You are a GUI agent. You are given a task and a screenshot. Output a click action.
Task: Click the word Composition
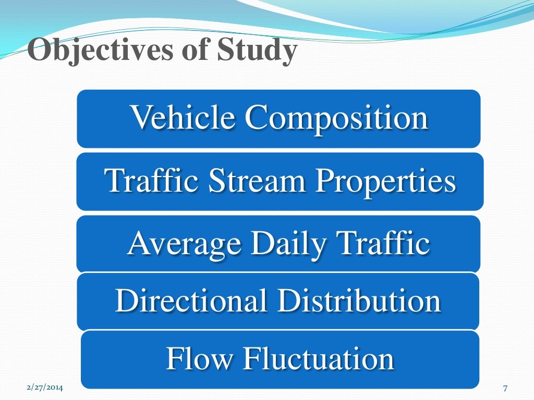pos(336,118)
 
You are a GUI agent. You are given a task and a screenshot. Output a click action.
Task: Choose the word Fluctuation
pos(318,358)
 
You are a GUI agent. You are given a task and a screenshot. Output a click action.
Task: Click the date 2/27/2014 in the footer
pos(44,387)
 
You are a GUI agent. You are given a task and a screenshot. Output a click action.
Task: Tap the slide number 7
pos(505,387)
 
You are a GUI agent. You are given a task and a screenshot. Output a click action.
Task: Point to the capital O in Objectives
pos(38,52)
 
